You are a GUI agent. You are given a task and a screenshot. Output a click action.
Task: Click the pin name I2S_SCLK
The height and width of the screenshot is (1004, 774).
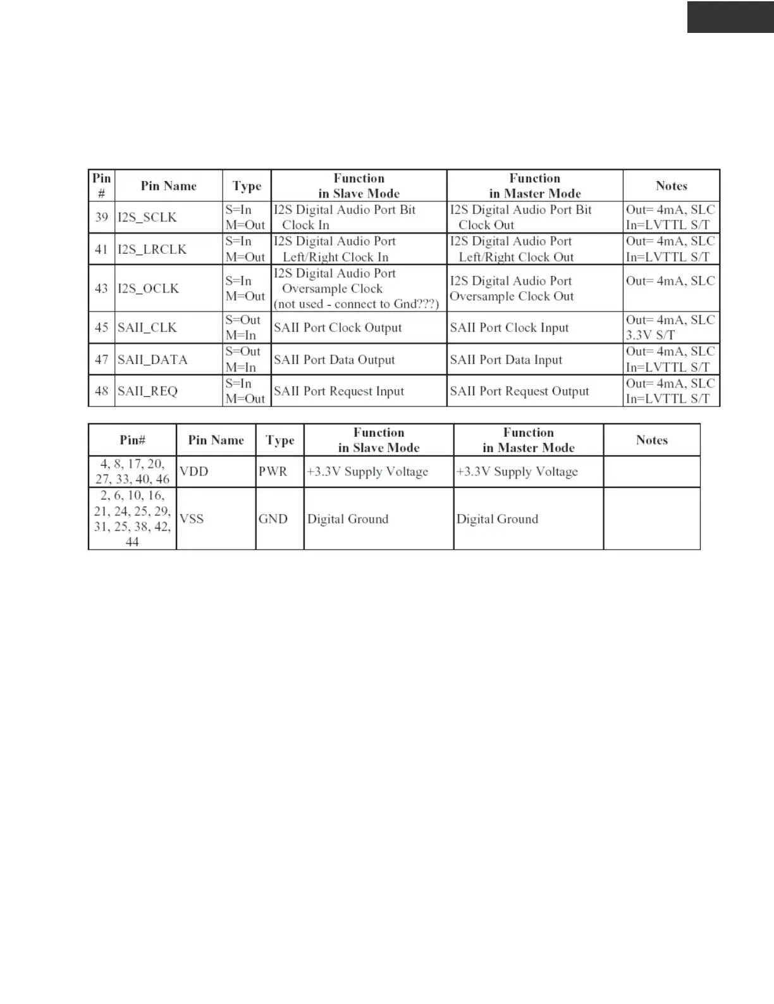pyautogui.click(x=147, y=217)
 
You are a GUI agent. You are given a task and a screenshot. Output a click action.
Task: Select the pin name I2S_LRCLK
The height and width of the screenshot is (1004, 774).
pyautogui.click(x=152, y=249)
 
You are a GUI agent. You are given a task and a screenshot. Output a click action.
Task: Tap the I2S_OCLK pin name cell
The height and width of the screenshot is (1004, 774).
pyautogui.click(x=148, y=289)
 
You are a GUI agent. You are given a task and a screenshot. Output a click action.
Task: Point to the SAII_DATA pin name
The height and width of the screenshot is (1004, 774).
pyautogui.click(x=152, y=360)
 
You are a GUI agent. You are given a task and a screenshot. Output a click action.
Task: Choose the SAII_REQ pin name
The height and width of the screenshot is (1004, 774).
pyautogui.click(x=147, y=391)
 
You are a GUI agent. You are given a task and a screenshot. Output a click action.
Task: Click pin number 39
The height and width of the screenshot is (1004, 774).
pyautogui.click(x=101, y=217)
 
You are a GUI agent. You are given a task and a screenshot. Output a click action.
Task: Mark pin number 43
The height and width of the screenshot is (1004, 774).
pyautogui.click(x=101, y=289)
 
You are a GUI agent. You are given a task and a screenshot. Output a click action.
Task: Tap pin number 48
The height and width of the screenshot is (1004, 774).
pyautogui.click(x=101, y=391)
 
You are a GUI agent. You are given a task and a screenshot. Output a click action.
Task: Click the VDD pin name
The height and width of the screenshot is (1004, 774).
pyautogui.click(x=193, y=472)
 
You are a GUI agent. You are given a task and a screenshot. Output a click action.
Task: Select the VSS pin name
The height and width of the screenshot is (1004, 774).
pyautogui.click(x=192, y=519)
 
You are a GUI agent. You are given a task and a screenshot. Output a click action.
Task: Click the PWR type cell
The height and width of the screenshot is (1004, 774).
pyautogui.click(x=273, y=472)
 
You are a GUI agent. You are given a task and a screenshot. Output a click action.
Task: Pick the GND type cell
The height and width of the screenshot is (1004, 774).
pyautogui.click(x=273, y=519)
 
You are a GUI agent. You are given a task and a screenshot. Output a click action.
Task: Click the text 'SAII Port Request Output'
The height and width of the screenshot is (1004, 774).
pyautogui.click(x=519, y=391)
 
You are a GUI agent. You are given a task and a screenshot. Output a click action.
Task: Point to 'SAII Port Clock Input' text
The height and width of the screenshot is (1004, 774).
pyautogui.click(x=509, y=328)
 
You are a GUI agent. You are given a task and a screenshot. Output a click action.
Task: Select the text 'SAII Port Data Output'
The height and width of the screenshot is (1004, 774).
pyautogui.click(x=334, y=360)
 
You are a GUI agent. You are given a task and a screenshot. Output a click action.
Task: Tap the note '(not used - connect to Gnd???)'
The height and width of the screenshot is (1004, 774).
pyautogui.click(x=356, y=304)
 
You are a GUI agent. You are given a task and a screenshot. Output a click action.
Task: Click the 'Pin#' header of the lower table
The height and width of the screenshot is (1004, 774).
pyautogui.click(x=132, y=440)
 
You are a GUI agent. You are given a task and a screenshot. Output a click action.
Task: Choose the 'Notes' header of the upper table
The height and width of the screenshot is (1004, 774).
pyautogui.click(x=671, y=185)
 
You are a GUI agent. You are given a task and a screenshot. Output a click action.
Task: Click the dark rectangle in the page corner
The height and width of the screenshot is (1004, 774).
pyautogui.click(x=730, y=17)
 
